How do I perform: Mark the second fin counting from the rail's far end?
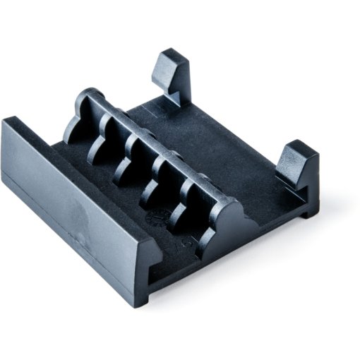tap(98, 148)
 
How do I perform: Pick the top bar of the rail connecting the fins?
tap(155, 152)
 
